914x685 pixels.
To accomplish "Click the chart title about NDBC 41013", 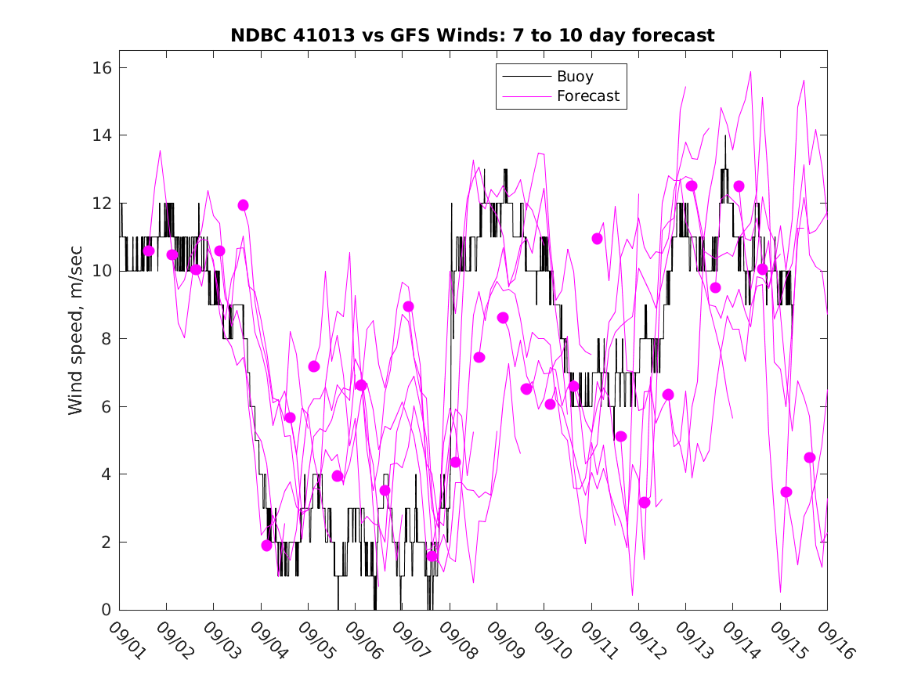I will pos(472,35).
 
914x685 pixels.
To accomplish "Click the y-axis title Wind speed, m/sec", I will pos(75,338).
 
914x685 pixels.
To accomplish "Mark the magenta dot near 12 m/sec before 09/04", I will pos(243,205).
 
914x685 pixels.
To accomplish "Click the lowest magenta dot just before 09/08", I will pos(432,556).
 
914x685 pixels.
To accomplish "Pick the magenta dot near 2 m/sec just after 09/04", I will pos(266,546).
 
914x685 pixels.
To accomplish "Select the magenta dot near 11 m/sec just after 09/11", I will pos(597,239).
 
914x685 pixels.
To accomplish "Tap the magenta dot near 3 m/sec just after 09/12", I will pos(644,503).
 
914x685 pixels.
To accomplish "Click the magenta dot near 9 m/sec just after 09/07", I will pos(408,307).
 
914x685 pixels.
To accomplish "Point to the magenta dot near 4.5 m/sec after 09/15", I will pos(809,458).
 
